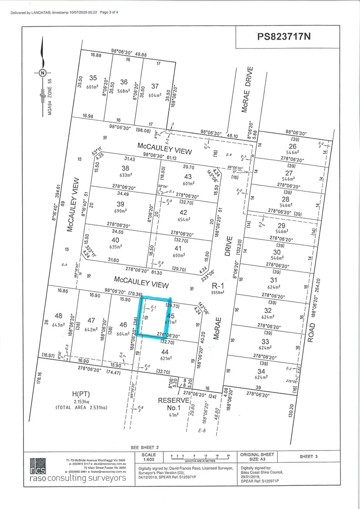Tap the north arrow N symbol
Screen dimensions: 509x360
[x=42, y=73]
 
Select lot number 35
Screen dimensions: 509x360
[x=93, y=78]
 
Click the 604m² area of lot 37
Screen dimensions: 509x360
[x=155, y=95]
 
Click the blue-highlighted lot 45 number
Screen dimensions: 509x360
[x=171, y=315]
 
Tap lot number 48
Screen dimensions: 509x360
[x=59, y=316]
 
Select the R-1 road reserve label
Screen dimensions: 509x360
[x=217, y=286]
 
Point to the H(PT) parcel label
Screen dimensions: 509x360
[x=81, y=394]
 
